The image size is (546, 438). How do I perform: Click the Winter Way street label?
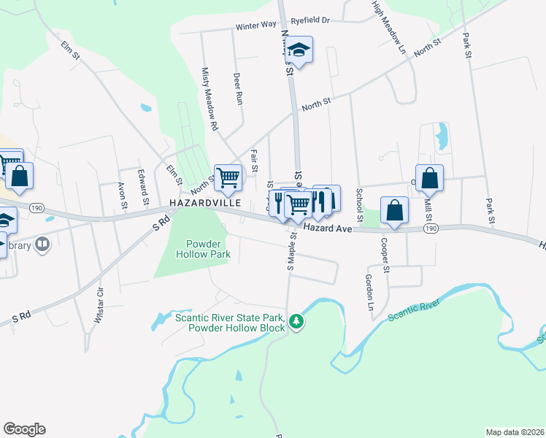255,26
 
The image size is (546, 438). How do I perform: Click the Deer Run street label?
237,88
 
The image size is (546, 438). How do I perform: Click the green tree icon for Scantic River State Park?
296,321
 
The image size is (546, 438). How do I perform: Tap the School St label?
359,204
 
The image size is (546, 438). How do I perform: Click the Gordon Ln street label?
370,289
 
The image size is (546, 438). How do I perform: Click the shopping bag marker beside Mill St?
430,177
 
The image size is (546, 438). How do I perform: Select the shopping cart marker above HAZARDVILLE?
228,176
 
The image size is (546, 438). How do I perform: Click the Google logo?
24,429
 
